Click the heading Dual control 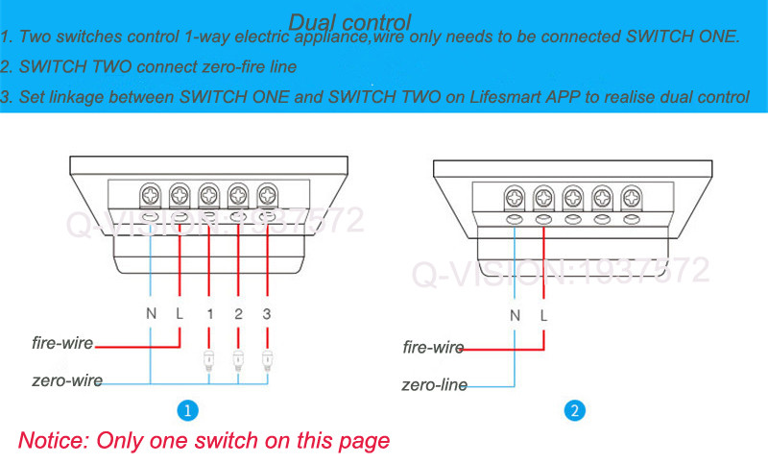(349, 21)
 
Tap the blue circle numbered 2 (573, 411)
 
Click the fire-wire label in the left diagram (62, 343)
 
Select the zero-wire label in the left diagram (65, 379)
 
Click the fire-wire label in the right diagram (433, 348)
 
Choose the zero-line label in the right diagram (435, 385)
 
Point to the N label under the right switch (515, 315)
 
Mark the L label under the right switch (544, 315)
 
